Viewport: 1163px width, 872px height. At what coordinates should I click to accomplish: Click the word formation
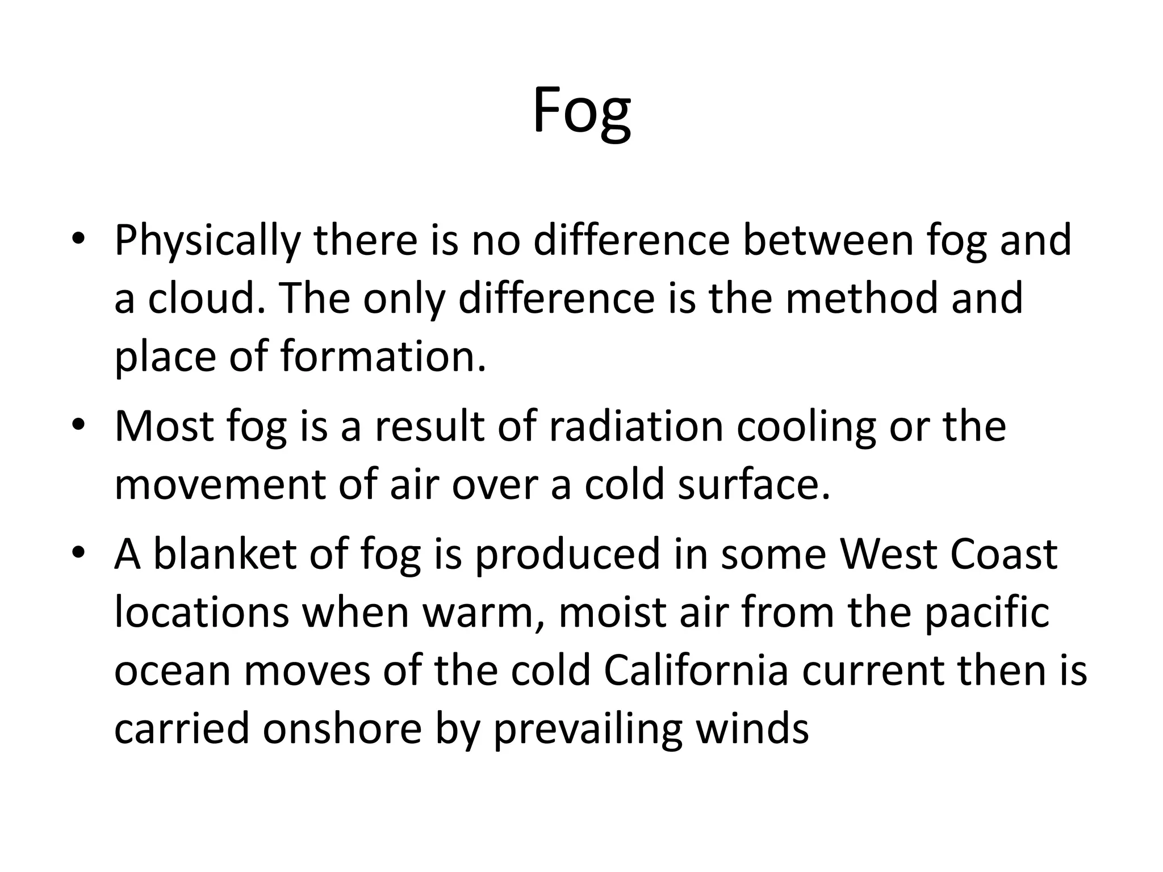(383, 357)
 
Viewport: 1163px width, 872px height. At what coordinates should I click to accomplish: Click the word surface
(754, 485)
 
